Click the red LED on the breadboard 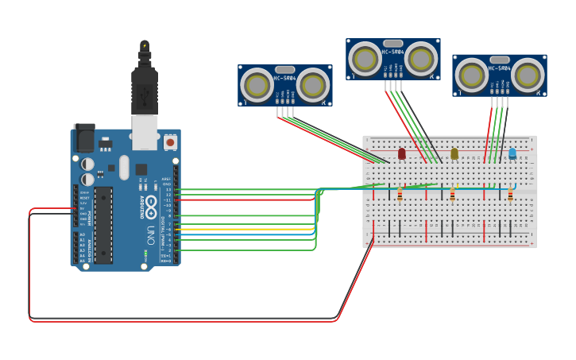401,153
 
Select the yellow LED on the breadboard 454,153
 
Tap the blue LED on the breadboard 512,153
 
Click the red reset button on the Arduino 170,142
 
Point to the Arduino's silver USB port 145,132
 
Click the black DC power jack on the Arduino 83,138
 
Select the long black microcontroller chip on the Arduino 103,225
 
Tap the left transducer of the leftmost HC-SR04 257,84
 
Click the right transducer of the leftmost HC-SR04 313,84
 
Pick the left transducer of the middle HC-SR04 365,59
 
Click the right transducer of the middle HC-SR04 421,59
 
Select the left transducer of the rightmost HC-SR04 471,75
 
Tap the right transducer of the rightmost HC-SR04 527,75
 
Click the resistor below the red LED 400,195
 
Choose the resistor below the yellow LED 453,195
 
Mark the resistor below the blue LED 510,195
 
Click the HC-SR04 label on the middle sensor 392,52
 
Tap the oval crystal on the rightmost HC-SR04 500,60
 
